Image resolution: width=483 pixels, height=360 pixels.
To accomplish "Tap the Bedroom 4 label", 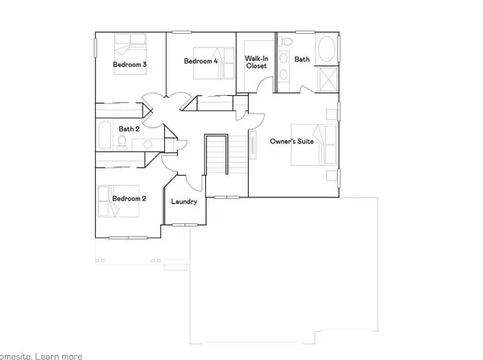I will click(200, 61).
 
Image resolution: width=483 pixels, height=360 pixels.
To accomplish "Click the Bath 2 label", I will click(129, 128).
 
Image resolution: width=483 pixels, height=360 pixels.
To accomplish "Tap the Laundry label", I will click(184, 201).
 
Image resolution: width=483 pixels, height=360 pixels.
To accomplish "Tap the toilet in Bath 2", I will click(121, 143).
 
